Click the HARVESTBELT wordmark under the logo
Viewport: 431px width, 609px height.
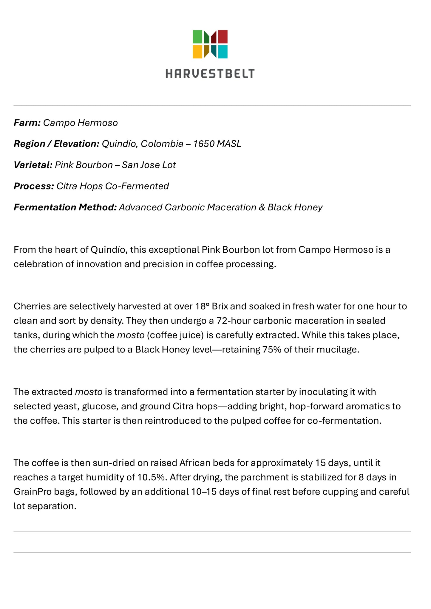point(210,73)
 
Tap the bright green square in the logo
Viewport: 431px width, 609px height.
point(198,36)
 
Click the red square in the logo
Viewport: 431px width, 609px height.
point(222,36)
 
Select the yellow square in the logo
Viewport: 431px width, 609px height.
point(198,52)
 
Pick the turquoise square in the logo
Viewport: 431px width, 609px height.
point(222,52)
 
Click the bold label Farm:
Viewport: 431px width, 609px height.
point(27,123)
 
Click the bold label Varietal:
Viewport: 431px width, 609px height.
point(33,165)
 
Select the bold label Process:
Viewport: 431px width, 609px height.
point(34,186)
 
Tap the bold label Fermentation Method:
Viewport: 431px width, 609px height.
point(65,207)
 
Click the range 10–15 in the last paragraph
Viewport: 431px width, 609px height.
point(203,492)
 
